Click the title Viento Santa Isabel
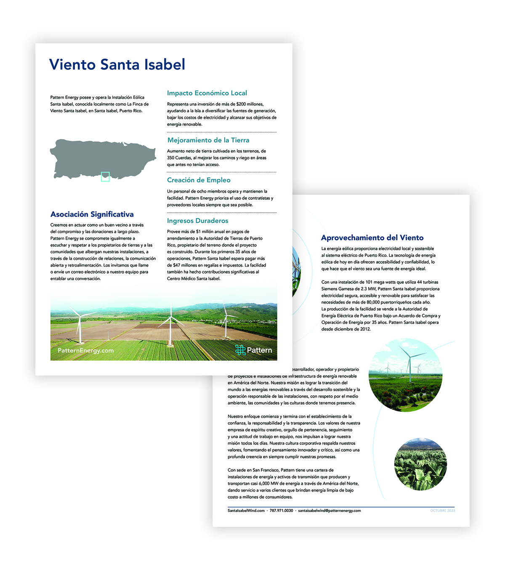coord(117,65)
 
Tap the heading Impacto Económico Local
coord(207,93)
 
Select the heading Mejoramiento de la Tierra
coord(208,140)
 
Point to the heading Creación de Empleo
coord(199,180)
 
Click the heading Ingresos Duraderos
coord(197,221)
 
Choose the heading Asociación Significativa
coord(92,214)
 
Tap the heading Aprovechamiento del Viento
coord(372,238)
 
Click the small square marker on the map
coord(105,177)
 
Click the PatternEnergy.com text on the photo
coord(85,350)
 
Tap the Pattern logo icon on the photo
coord(240,350)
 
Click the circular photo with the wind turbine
coord(405,375)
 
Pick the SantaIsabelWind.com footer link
coord(246,510)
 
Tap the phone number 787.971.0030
coord(281,510)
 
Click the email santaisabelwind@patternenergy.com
coord(329,510)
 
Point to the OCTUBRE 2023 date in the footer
coord(442,510)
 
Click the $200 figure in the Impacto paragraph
coord(241,104)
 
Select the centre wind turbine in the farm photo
coord(170,324)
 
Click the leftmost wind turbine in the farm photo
coord(79,326)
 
